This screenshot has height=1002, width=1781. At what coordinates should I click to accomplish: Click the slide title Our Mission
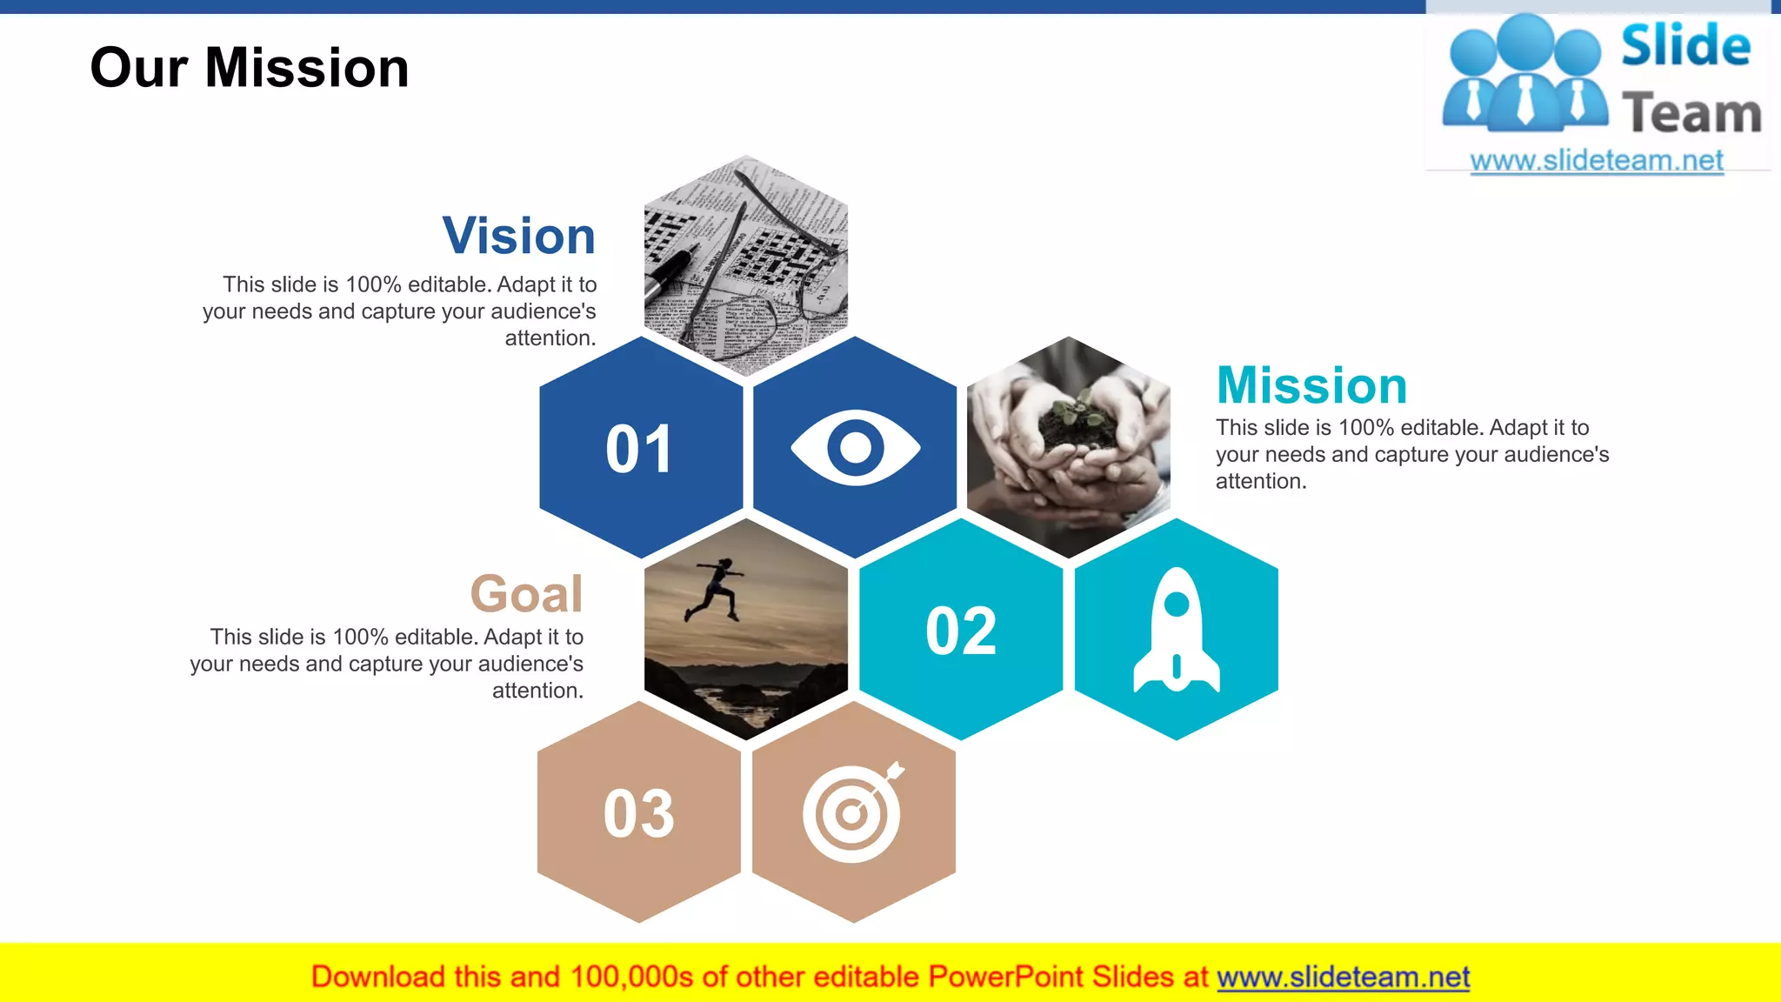pos(250,68)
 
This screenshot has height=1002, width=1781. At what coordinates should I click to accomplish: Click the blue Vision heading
pos(519,236)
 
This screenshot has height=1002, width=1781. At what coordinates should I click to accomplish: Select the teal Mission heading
pos(1311,385)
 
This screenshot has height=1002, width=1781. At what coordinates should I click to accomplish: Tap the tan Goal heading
pos(526,594)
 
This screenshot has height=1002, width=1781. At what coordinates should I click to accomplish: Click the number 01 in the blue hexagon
pos(639,450)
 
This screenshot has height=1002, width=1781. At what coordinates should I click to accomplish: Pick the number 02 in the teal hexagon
pos(961,631)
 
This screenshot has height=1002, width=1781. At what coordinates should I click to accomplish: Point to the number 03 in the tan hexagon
pos(639,814)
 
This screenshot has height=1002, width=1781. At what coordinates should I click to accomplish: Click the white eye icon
pos(855,447)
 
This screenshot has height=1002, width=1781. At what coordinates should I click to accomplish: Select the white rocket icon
pos(1177,631)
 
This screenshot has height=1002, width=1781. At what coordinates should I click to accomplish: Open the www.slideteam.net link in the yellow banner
pos(1343,978)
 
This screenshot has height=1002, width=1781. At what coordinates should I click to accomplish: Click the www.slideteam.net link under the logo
pos(1597,161)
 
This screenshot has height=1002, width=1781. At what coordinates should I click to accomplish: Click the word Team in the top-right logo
pos(1691,114)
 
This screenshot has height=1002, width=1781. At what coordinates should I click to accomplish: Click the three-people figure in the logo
pos(1524,74)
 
